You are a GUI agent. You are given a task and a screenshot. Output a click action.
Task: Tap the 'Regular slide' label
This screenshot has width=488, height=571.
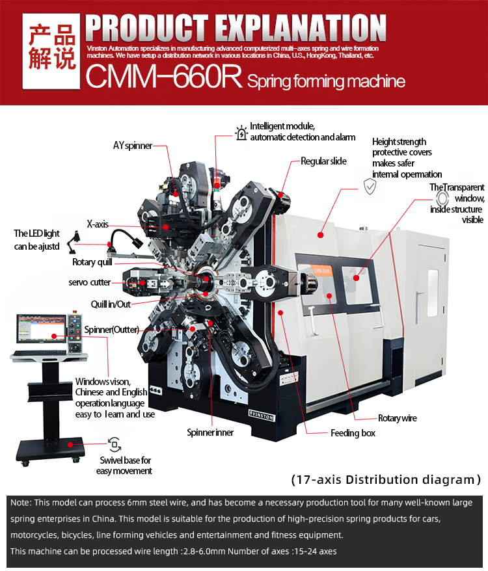[323, 161]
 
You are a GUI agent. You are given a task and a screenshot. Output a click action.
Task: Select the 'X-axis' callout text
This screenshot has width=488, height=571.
[98, 224]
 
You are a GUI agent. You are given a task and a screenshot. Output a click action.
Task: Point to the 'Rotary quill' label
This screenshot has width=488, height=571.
[92, 262]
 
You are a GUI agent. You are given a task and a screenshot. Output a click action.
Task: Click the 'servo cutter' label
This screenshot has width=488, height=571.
[90, 282]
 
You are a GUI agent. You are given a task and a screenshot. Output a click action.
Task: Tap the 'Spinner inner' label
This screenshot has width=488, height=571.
[210, 432]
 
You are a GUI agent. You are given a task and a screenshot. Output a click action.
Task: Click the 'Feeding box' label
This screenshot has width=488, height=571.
[353, 433]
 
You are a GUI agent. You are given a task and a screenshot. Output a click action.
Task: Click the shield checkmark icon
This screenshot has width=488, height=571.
[370, 187]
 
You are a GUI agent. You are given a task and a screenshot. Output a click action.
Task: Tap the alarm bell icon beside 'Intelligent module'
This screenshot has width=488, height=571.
[241, 133]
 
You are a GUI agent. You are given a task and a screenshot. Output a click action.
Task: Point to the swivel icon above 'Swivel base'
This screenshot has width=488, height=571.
[115, 445]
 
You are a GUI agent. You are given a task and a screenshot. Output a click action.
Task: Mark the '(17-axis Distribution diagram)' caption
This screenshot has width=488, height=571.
[385, 480]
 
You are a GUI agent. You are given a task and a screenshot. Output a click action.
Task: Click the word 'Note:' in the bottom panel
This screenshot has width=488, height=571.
[20, 503]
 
